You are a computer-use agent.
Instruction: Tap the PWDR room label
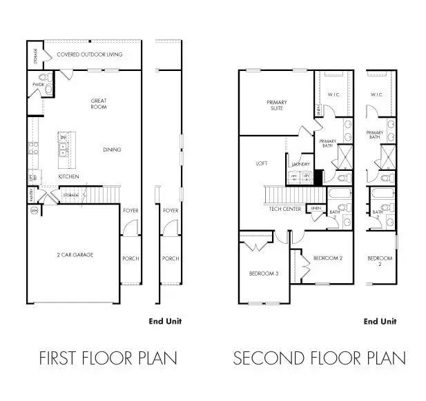tap(37, 85)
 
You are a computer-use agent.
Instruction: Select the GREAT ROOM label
tap(99, 104)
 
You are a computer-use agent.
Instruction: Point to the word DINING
tap(112, 150)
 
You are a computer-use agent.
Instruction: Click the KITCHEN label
tap(68, 177)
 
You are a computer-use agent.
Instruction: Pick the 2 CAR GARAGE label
tap(75, 255)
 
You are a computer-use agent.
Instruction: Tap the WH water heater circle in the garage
tap(34, 211)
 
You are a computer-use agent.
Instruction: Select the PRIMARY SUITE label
tap(277, 105)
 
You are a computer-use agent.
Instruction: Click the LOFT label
tap(262, 163)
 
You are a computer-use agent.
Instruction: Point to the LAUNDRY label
tap(300, 165)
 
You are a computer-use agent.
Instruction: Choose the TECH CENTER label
tap(284, 209)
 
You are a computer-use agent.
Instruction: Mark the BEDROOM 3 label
tap(263, 274)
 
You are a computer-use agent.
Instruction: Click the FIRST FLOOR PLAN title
tap(108, 358)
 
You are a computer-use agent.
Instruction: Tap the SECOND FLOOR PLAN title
tap(319, 358)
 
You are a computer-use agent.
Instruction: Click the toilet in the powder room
tap(47, 88)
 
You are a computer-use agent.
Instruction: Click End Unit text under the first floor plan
tap(165, 321)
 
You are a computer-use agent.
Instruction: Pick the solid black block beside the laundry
tap(318, 176)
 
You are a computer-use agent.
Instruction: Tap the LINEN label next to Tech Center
tap(316, 207)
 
